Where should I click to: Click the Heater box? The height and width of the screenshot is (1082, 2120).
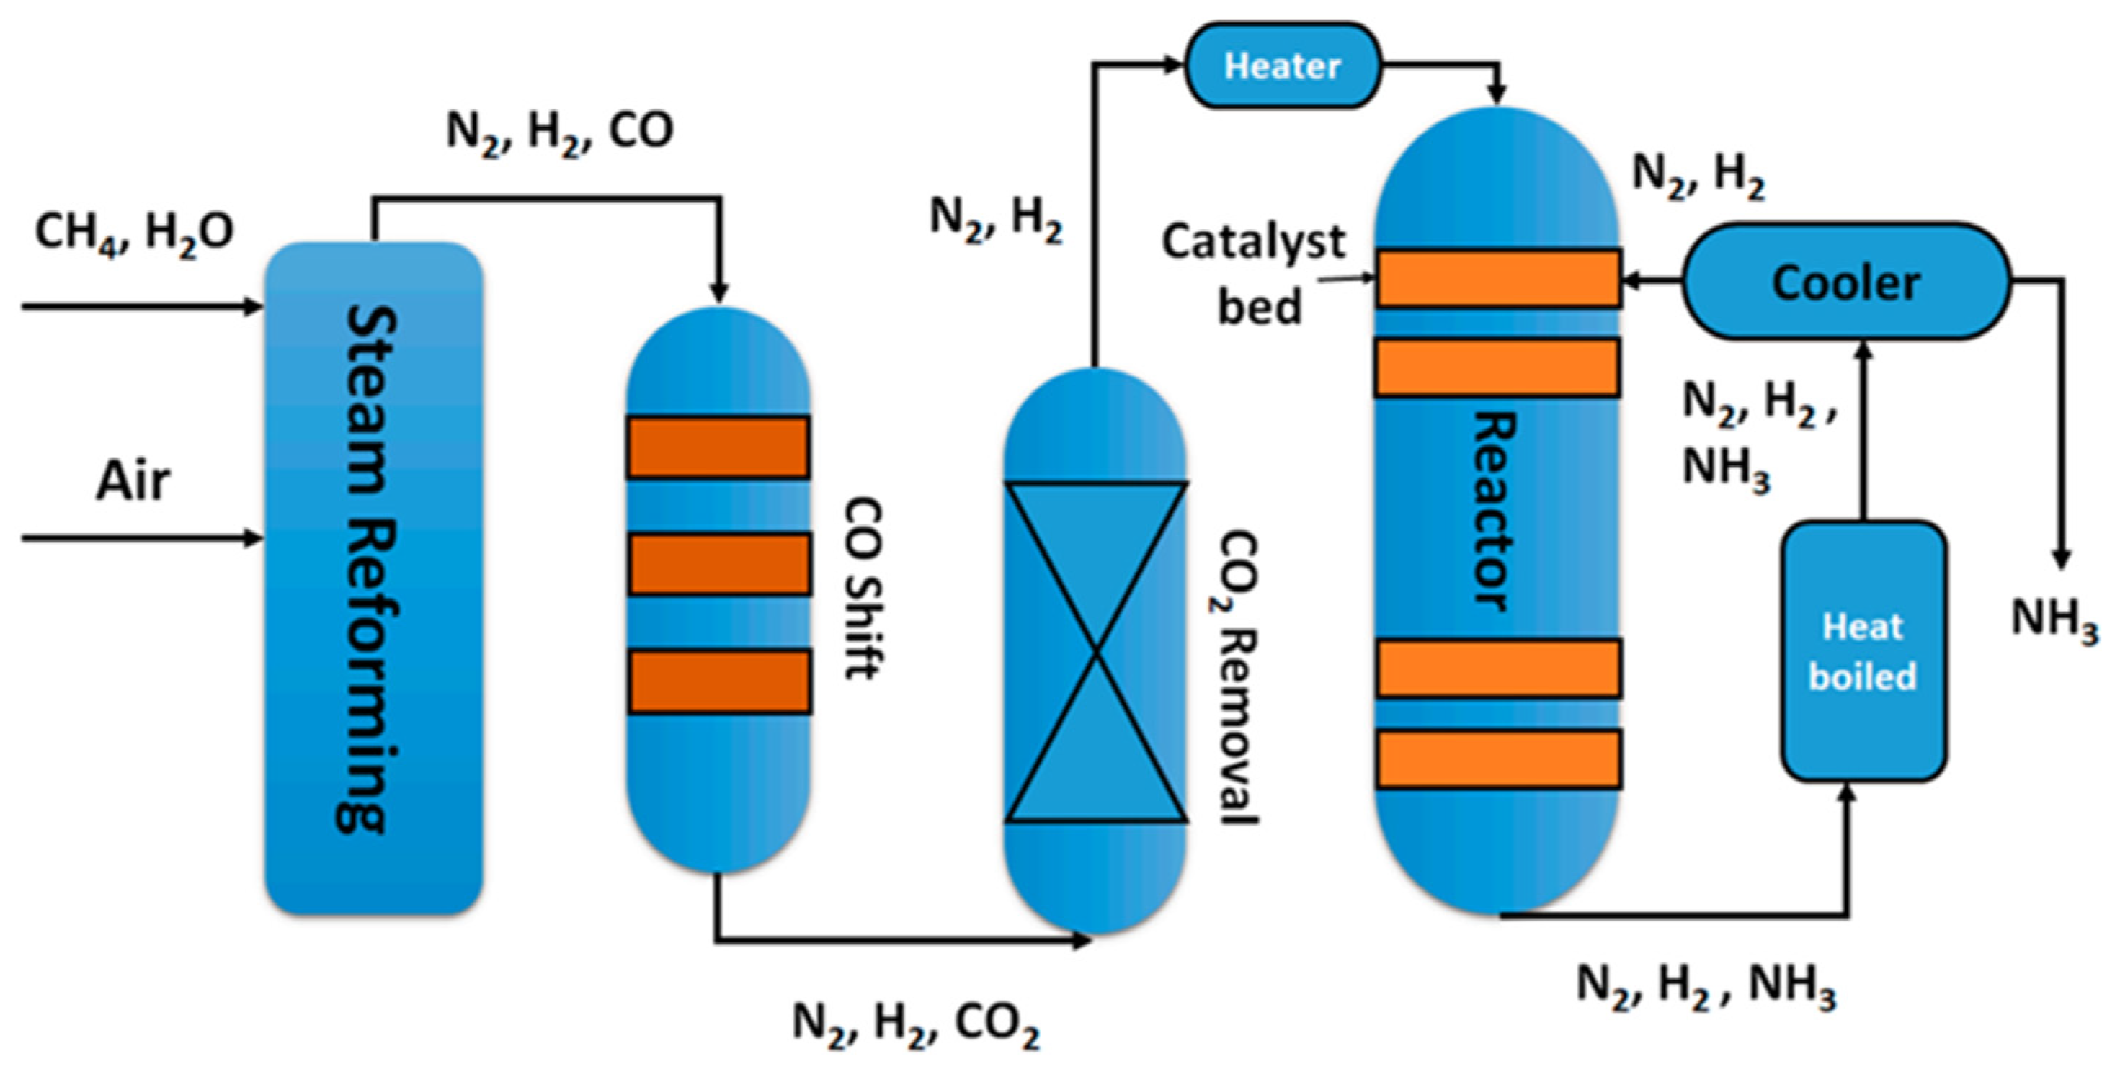click(x=1282, y=66)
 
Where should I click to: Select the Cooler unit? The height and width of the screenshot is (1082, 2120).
click(x=1846, y=282)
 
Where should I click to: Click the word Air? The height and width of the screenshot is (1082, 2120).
click(x=133, y=480)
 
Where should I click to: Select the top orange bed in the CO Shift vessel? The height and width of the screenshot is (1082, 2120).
click(x=718, y=447)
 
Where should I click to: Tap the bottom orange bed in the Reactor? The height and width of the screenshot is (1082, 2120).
click(x=1499, y=759)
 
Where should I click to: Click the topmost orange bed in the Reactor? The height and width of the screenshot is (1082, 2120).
click(x=1499, y=279)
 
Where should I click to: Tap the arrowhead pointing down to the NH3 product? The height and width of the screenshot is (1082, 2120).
click(x=2061, y=559)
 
